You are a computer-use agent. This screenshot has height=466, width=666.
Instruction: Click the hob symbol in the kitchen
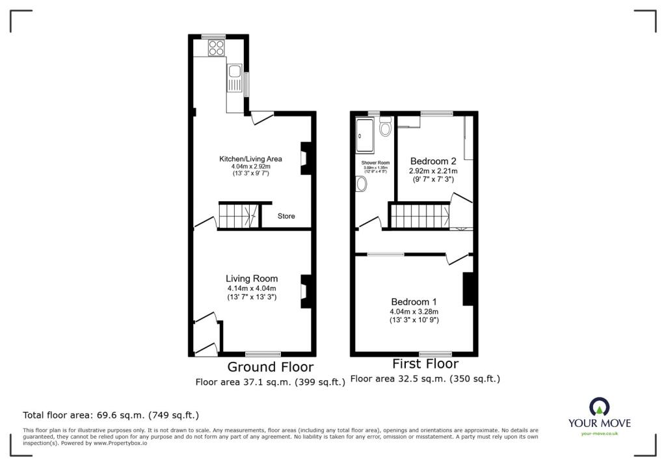[x=215, y=47]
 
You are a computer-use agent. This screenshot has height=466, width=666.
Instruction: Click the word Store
[x=286, y=216]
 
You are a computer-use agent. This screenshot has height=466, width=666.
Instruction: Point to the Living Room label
[x=252, y=279]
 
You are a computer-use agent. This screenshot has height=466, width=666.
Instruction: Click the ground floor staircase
[x=239, y=215]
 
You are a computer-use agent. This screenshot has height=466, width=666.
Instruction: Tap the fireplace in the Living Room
[x=304, y=290]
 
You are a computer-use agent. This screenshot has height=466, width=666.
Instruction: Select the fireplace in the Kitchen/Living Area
[x=304, y=158]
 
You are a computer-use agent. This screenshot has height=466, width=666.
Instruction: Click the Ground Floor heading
[x=270, y=367]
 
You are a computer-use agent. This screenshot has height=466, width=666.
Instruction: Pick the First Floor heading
[x=425, y=364]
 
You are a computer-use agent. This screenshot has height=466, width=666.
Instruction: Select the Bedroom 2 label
[x=433, y=161]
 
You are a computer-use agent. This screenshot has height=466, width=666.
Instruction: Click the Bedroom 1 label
[x=414, y=302]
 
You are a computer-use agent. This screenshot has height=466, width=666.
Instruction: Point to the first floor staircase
[x=420, y=215]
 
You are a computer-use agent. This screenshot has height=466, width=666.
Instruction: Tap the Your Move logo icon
[x=599, y=407]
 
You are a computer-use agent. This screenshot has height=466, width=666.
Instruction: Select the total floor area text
[x=111, y=415]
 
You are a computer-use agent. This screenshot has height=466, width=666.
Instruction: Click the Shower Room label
[x=375, y=162]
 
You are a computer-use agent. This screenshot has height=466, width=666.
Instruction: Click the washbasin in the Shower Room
[x=361, y=185]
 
